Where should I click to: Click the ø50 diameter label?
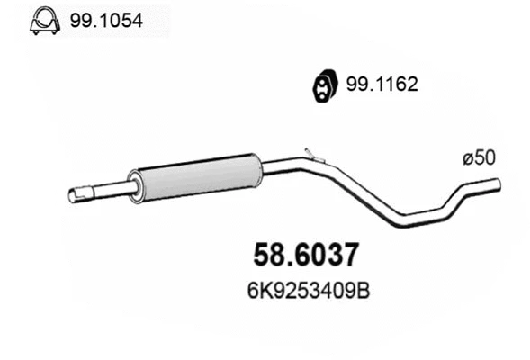pos(479,157)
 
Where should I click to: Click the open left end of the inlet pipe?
pos(72,194)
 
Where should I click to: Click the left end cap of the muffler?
pos(135,184)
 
